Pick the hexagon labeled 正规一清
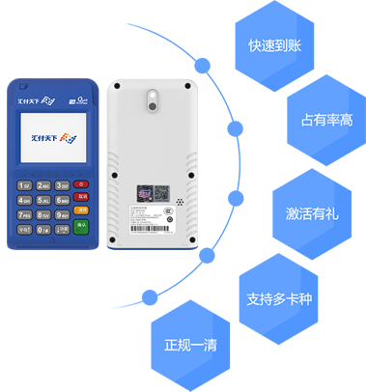pos(185,341)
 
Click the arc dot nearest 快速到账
pos(203,66)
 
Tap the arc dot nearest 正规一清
pos(148,296)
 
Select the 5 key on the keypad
pos(43,200)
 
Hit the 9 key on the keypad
pos(62,214)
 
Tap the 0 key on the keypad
pos(43,230)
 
